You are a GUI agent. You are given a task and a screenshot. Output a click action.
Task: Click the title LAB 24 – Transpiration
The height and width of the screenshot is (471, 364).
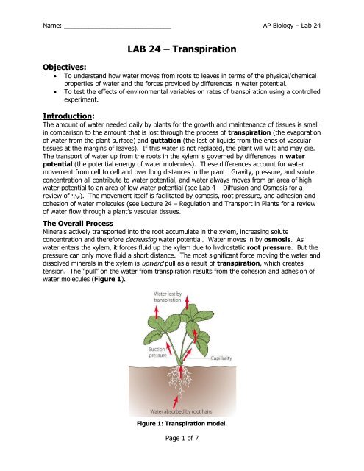click(181, 50)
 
